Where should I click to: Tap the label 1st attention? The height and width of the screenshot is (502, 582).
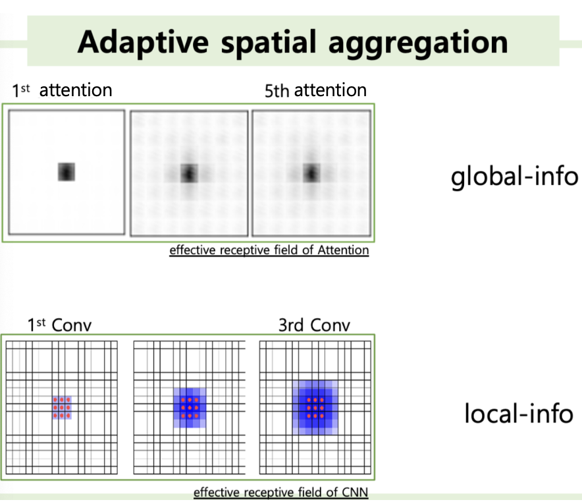pos(62,90)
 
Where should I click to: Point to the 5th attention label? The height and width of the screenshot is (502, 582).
pos(315,90)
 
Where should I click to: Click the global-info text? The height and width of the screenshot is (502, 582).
pos(514,177)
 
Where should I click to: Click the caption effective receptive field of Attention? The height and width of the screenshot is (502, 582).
pos(269,250)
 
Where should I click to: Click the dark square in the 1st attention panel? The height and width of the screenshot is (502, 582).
pos(66,172)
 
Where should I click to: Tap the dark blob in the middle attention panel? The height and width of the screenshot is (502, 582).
pos(190,173)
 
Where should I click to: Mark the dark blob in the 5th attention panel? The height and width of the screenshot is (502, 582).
pos(311,173)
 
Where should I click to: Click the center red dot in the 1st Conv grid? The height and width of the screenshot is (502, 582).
pos(62,408)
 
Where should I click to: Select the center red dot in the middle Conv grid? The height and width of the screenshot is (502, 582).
pos(190,408)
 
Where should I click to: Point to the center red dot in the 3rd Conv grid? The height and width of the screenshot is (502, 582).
pos(316,408)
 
